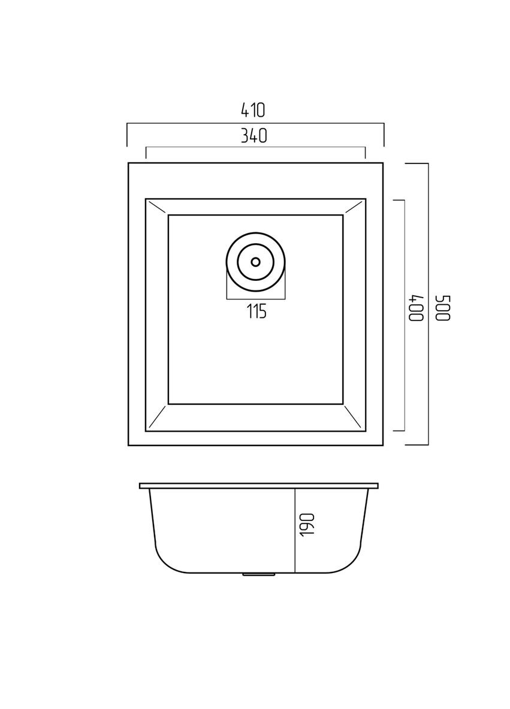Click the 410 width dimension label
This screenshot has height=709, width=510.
point(252,110)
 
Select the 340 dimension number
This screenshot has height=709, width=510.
point(254,136)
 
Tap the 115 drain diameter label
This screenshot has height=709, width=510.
point(256,311)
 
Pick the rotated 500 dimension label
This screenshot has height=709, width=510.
point(443,308)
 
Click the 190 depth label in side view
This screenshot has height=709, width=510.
point(307,525)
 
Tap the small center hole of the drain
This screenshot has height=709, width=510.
point(256,262)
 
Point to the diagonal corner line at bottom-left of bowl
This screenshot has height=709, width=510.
point(156,416)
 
